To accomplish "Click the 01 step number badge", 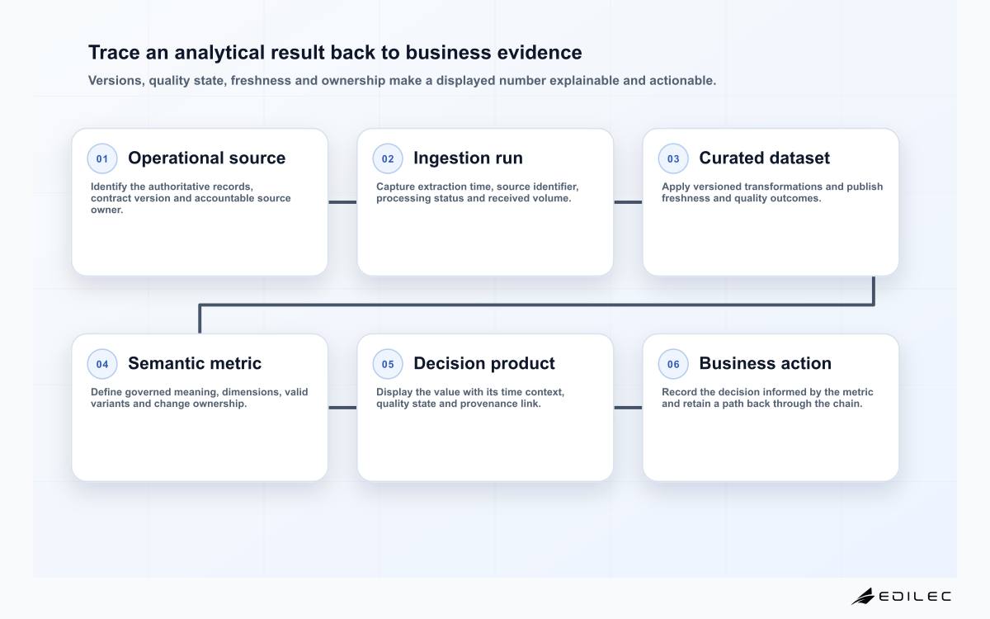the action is (x=102, y=158).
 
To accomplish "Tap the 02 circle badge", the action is (x=388, y=158).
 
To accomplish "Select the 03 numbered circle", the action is (x=673, y=158).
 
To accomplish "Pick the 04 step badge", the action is (x=102, y=364).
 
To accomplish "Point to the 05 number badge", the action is (x=388, y=364).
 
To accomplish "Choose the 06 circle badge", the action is (x=673, y=364).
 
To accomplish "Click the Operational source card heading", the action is (x=207, y=158).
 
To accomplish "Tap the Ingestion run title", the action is (x=468, y=158).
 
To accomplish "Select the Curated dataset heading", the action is (x=764, y=158).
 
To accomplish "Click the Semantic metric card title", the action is (x=195, y=363).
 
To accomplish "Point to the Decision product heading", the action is (x=484, y=364).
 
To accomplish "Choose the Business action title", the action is (x=765, y=363).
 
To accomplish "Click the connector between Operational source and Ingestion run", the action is (x=342, y=202).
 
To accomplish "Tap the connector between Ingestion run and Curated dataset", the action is (x=628, y=202).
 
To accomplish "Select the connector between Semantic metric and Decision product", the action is (x=342, y=408).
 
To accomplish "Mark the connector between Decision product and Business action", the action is (x=628, y=408).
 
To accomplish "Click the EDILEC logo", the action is (x=901, y=596).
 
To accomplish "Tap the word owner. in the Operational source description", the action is (x=107, y=210).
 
